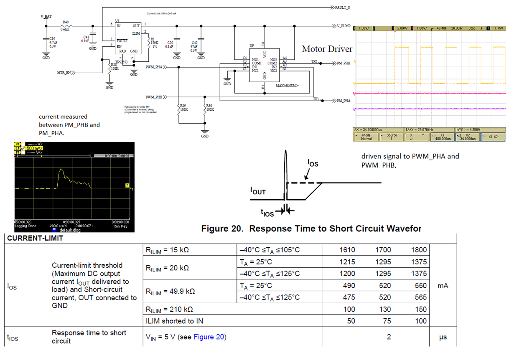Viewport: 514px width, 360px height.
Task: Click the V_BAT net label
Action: tap(46, 16)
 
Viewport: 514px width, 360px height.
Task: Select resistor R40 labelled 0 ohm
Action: tap(66, 24)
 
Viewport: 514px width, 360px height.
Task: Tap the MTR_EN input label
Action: tap(64, 73)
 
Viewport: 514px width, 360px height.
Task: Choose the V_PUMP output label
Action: tap(344, 25)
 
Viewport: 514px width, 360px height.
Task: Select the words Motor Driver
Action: tap(327, 49)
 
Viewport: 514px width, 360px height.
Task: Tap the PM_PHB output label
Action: tap(343, 63)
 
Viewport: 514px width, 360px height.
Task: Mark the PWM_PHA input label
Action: tap(154, 67)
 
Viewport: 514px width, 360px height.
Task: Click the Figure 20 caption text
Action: tap(311, 228)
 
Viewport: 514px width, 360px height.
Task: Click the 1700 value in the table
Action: tap(383, 250)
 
